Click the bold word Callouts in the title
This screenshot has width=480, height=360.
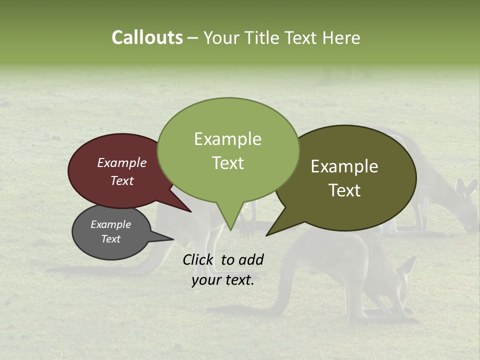coord(147,37)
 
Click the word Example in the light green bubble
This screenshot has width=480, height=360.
coord(227,139)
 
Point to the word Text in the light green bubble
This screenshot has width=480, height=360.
coord(227,163)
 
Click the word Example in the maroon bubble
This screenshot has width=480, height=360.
coord(121,162)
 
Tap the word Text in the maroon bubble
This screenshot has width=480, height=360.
coord(122,180)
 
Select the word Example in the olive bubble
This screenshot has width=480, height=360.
coord(344,166)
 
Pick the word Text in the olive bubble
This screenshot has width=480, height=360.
coord(344,190)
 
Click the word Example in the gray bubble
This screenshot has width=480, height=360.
coord(110,224)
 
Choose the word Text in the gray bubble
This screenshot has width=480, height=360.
coord(110,239)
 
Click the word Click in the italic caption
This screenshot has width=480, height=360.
coord(198,259)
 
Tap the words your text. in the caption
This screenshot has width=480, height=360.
coord(222,280)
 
